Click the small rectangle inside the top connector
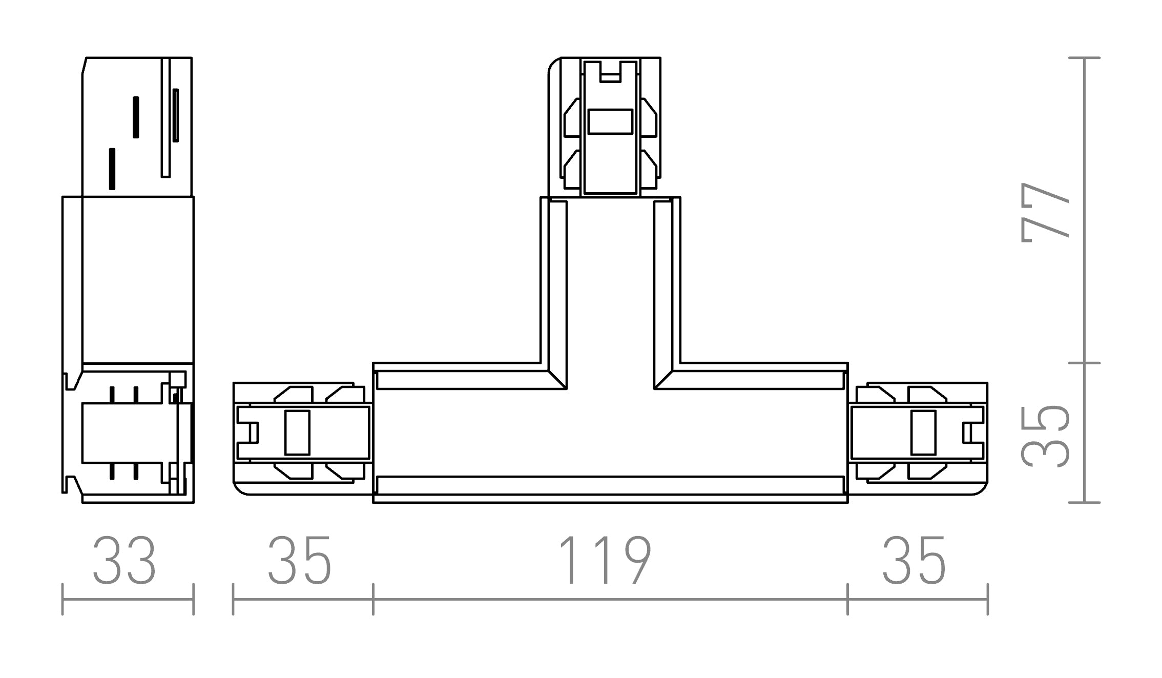point(610,122)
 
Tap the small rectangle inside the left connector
point(297,433)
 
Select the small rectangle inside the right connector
point(924,433)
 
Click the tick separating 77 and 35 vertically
point(1085,363)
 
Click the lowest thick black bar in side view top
point(112,169)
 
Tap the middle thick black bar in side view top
point(136,117)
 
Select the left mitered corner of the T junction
point(556,379)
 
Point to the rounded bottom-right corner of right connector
point(981,490)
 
